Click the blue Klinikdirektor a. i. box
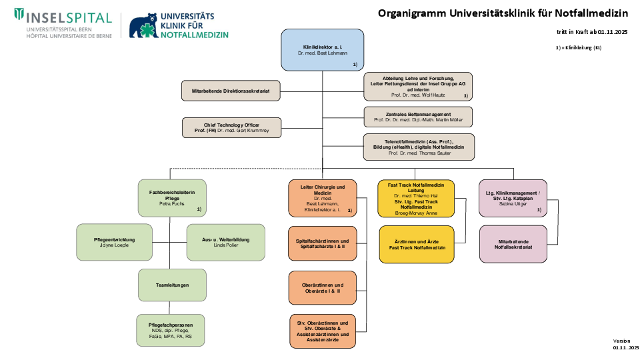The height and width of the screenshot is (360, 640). tap(322, 49)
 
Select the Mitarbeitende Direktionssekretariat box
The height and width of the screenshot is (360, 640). tap(231, 91)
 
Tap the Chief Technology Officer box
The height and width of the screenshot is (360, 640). tap(231, 127)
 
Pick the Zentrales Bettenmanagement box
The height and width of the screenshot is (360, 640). tap(418, 117)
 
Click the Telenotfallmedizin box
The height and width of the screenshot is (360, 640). tap(418, 147)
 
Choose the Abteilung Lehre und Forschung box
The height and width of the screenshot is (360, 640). tap(418, 87)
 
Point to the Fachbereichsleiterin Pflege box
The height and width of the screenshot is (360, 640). tap(172, 198)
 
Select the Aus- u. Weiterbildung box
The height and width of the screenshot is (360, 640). tap(225, 242)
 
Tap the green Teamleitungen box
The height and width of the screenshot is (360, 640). tap(172, 285)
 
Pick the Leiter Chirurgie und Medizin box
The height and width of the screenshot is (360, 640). tap(323, 198)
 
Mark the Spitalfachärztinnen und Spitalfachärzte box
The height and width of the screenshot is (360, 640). tap(323, 243)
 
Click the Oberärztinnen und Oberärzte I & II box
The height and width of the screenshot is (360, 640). tap(323, 288)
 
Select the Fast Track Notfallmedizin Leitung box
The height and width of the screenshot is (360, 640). tap(416, 198)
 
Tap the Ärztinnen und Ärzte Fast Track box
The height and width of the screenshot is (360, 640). tap(417, 244)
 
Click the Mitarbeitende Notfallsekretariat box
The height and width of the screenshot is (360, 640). tap(513, 243)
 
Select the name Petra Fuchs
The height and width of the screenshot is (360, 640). tap(171, 203)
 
